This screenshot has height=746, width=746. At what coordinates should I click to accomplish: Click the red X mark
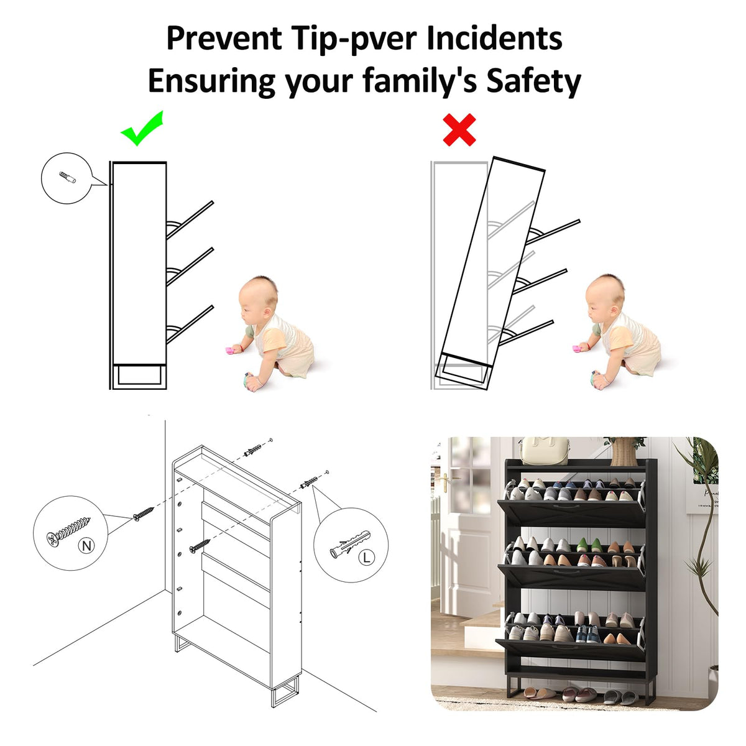[459, 130]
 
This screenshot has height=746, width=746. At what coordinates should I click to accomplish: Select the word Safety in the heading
[534, 81]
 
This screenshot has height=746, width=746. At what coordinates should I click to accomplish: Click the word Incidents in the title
[494, 38]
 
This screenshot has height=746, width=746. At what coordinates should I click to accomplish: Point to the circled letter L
[366, 558]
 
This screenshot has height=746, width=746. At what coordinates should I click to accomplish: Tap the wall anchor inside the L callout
[349, 544]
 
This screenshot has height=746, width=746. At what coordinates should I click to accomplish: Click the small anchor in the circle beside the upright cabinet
[67, 178]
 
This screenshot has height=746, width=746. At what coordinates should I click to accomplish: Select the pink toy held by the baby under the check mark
[230, 350]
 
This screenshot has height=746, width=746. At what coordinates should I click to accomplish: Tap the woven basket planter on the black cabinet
[624, 453]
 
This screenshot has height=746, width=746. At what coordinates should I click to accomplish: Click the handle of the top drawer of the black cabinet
[568, 507]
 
